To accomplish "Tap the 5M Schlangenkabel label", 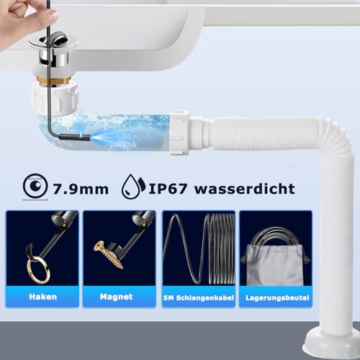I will coord(198,297).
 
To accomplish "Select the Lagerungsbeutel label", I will coord(276,297).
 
